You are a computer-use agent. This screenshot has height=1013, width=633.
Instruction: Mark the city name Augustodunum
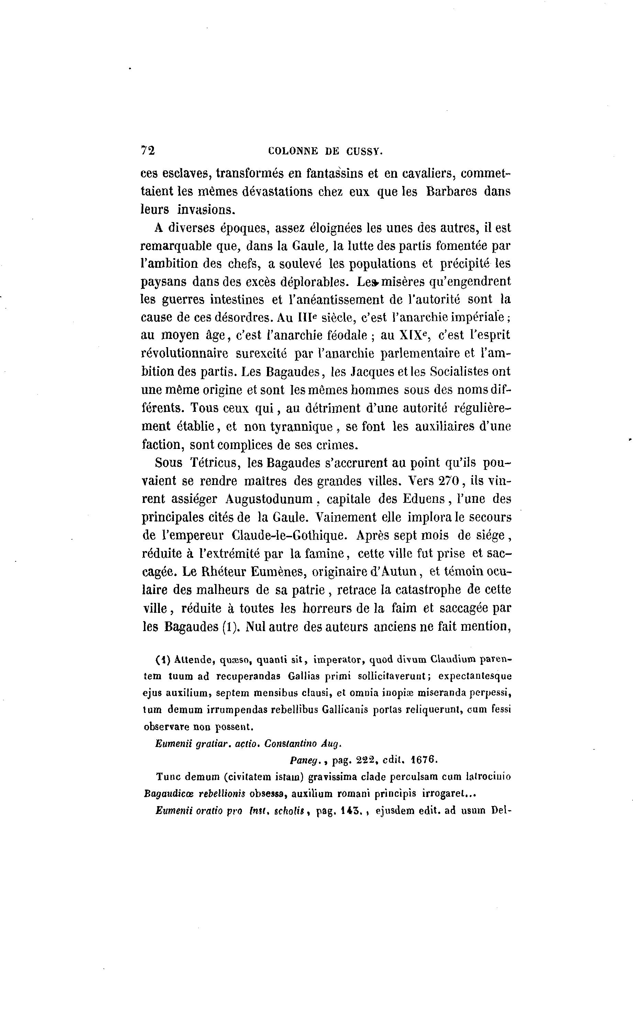(269, 499)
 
